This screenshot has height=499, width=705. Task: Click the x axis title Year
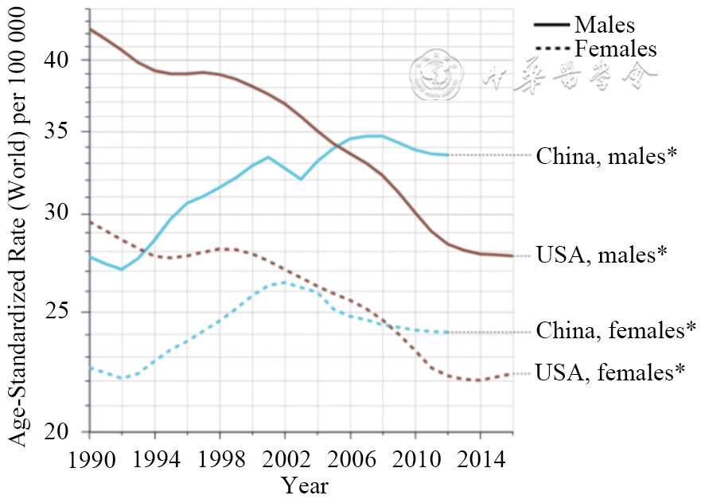(304, 485)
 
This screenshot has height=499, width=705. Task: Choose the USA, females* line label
(610, 372)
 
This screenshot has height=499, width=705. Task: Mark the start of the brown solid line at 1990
(89, 29)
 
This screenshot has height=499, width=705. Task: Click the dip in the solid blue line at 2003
(300, 179)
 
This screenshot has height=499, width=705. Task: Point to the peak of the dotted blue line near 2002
(283, 282)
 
